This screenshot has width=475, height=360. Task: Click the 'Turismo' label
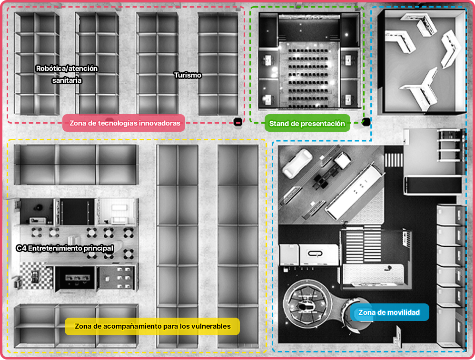coord(188,75)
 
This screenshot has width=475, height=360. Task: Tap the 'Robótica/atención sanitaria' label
coord(67,74)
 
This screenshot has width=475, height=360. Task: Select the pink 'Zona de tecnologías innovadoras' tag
coord(124,123)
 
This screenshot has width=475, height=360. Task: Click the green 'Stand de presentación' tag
coord(307,123)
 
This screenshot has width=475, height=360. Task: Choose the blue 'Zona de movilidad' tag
coord(389,312)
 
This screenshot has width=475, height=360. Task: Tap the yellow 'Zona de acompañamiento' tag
coord(152,326)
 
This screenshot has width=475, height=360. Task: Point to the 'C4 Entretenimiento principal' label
coord(65,248)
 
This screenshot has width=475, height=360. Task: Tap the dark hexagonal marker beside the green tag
coord(366,122)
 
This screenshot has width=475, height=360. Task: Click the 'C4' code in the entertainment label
coord(21,248)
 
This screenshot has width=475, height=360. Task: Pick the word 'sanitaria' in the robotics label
coord(67,80)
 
